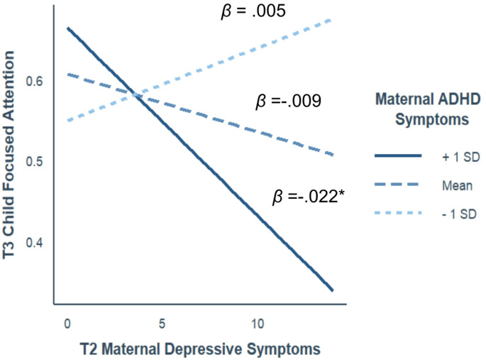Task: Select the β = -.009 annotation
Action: (x=289, y=102)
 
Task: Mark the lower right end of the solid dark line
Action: (x=333, y=290)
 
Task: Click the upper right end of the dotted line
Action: (x=333, y=19)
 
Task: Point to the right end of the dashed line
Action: (x=333, y=155)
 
